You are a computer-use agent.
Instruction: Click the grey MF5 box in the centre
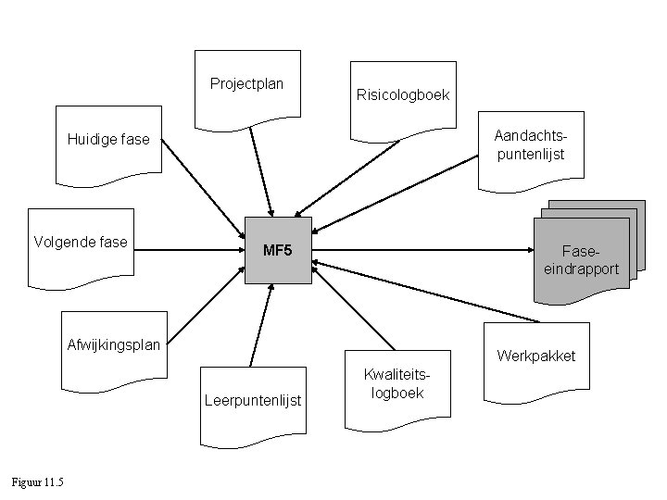point(278,250)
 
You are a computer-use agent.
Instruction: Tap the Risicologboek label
point(402,94)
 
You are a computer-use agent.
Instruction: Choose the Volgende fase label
point(81,243)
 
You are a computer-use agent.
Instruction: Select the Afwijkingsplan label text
point(114,345)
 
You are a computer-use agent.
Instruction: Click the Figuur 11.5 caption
point(37,481)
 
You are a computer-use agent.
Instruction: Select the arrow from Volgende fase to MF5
point(185,250)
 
